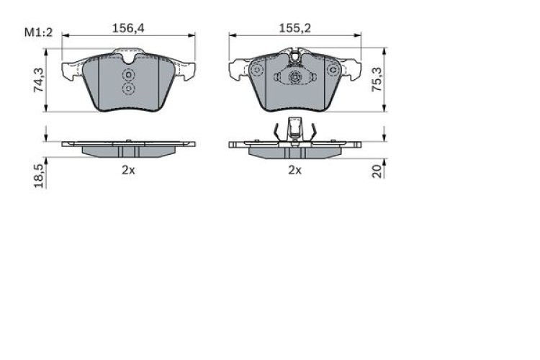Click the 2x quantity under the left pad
(128, 171)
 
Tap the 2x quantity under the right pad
(294, 171)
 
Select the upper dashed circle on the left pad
(129, 75)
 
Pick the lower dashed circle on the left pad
(129, 89)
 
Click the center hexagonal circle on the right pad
(294, 78)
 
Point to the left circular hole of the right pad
(256, 70)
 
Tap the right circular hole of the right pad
(332, 70)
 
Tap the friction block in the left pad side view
(129, 150)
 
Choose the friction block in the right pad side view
(294, 151)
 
